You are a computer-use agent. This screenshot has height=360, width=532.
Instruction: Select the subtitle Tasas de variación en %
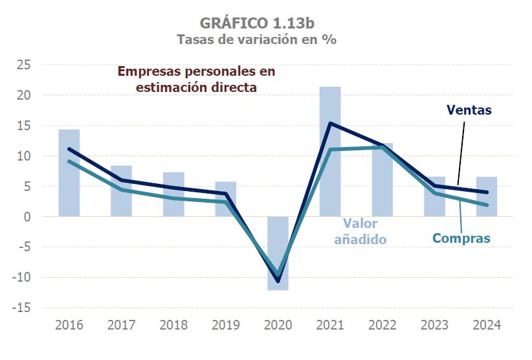(x=257, y=39)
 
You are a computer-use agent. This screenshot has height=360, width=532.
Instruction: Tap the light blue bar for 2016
(x=69, y=173)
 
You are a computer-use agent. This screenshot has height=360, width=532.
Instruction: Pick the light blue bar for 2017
(x=121, y=191)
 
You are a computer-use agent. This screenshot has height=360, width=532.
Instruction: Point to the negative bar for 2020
(x=278, y=253)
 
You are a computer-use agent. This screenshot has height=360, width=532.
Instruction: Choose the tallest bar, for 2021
(x=330, y=152)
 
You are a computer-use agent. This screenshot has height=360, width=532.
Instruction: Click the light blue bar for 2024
(x=487, y=196)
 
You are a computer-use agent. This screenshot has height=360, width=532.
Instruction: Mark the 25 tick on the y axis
(x=25, y=65)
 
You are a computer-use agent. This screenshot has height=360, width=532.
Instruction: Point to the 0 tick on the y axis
(x=28, y=217)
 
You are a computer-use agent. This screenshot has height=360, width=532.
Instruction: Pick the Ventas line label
(x=469, y=110)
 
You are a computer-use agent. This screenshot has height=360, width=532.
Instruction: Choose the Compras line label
(x=461, y=238)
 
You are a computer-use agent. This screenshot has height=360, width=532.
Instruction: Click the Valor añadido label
(x=360, y=231)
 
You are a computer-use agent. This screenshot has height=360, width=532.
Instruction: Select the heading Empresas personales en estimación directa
(x=196, y=79)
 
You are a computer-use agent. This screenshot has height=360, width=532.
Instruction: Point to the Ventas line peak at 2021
(x=330, y=123)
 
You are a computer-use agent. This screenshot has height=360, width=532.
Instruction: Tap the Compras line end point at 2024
(x=487, y=205)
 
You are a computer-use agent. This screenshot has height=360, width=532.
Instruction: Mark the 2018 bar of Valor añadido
(x=173, y=194)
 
